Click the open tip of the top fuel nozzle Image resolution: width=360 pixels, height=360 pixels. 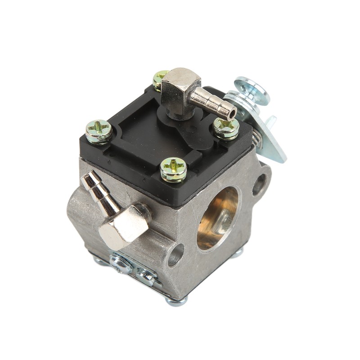click(232, 112)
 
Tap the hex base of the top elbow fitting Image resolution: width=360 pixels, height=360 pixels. click(176, 85)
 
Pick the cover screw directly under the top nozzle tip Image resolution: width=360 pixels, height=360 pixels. click(226, 128)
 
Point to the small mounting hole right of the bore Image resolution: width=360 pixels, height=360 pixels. click(260, 184)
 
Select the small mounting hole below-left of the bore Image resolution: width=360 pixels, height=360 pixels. click(176, 255)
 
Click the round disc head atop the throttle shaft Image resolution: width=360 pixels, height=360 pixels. click(252, 90)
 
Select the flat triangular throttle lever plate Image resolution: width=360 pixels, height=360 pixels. click(272, 139)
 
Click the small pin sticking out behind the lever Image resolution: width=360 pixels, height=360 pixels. click(271, 120)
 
